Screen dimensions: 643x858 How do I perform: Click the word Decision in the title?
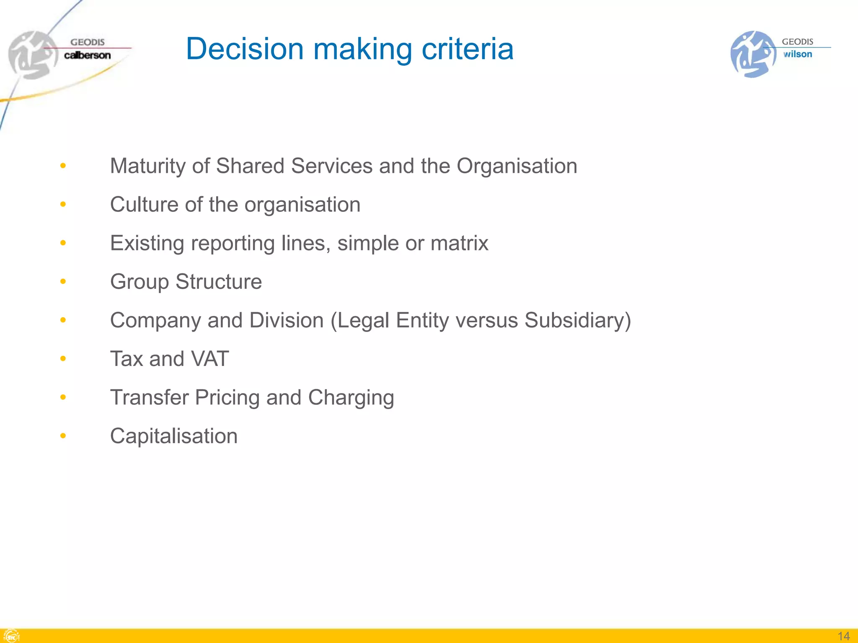point(245,49)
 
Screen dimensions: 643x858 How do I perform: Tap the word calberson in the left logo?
point(87,55)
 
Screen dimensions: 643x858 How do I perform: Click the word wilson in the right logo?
point(798,54)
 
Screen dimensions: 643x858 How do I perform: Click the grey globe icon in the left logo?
point(32,55)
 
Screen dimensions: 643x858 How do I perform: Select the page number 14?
point(843,636)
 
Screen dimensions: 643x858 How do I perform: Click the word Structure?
point(219,282)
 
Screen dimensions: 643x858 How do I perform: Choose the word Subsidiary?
point(574,321)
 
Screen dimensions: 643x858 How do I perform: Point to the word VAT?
point(209,359)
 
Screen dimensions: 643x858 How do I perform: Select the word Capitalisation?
point(174,436)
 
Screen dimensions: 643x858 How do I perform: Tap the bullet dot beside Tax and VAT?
point(63,359)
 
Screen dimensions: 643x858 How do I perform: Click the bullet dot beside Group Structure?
point(63,281)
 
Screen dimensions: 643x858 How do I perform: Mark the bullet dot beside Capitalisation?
point(63,436)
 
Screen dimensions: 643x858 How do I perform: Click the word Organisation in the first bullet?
point(517,166)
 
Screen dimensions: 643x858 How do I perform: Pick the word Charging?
point(351,398)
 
